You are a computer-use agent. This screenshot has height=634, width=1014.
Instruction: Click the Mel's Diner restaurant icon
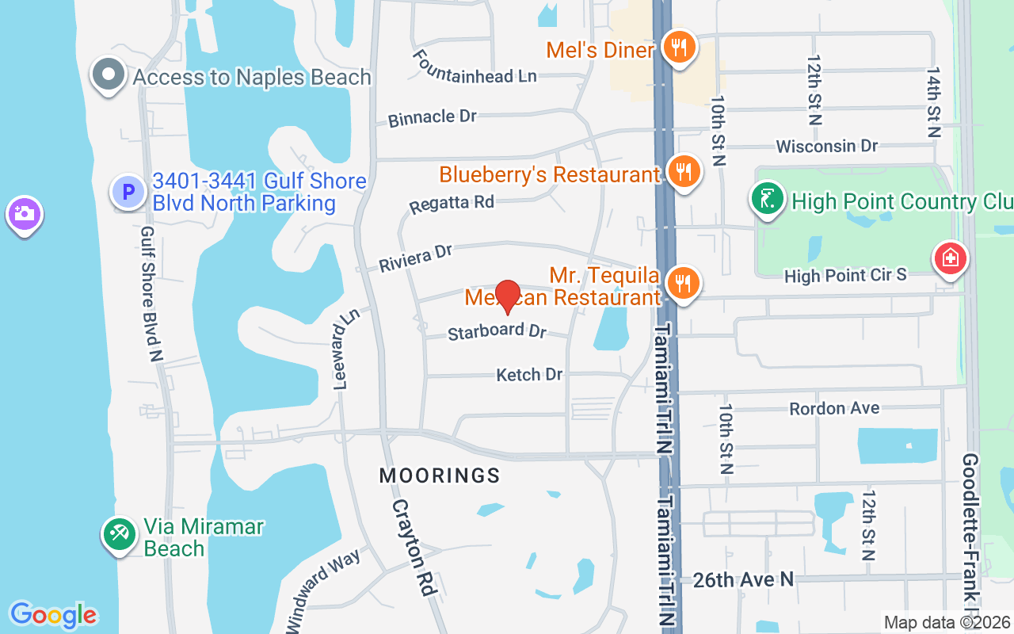pos(680,47)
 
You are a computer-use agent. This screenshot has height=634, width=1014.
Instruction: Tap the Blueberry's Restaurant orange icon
pos(682,171)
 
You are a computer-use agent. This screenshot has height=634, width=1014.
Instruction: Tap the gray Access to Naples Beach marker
pos(109,75)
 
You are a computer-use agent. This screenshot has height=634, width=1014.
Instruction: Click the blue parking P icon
pos(128,192)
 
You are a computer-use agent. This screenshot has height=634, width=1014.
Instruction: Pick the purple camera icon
pos(24,214)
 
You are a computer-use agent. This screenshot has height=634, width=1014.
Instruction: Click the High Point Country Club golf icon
pos(767,199)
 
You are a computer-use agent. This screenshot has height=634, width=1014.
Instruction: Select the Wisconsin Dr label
pos(827,147)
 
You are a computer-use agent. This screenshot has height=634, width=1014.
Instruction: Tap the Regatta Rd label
pos(452,204)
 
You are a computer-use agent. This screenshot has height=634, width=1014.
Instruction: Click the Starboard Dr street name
pos(497,331)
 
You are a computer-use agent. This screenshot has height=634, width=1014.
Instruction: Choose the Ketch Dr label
pos(529,374)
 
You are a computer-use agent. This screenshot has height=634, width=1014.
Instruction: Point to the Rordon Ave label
pos(834,408)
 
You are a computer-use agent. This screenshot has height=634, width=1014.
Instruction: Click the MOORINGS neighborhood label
pos(440,475)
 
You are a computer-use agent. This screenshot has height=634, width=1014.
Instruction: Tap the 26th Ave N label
pos(743,580)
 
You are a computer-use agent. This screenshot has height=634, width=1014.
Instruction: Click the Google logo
pos(53,615)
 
